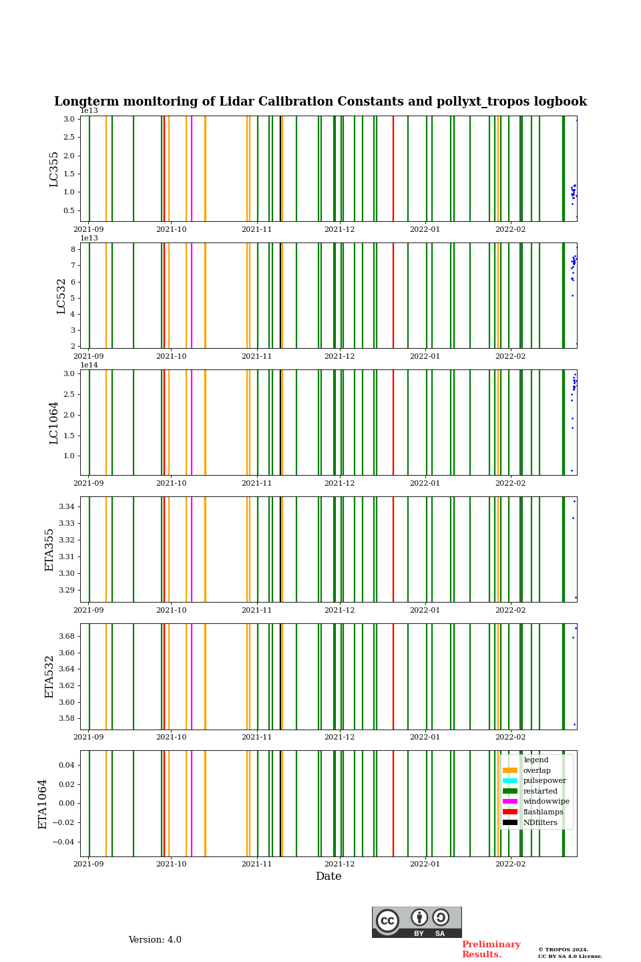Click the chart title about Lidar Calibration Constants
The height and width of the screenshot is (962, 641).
320,102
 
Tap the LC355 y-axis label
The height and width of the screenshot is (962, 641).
54,169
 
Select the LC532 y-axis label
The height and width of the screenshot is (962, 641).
61,296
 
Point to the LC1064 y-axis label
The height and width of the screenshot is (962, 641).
54,423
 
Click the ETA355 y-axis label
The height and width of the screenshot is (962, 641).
49,550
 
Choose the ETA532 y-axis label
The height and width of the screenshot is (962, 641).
49,677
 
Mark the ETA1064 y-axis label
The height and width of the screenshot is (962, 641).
43,804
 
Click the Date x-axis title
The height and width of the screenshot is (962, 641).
329,876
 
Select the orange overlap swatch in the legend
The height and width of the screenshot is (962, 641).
510,770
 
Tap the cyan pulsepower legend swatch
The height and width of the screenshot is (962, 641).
510,781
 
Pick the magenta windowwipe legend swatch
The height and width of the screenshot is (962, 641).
510,802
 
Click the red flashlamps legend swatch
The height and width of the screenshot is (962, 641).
510,812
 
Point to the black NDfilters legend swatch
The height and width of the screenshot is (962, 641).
510,823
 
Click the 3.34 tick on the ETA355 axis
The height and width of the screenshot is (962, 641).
66,507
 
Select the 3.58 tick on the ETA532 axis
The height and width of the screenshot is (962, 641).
66,719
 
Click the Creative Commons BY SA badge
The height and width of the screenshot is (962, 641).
417,922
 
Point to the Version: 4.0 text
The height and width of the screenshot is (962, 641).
155,940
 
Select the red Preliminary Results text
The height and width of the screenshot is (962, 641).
491,949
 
